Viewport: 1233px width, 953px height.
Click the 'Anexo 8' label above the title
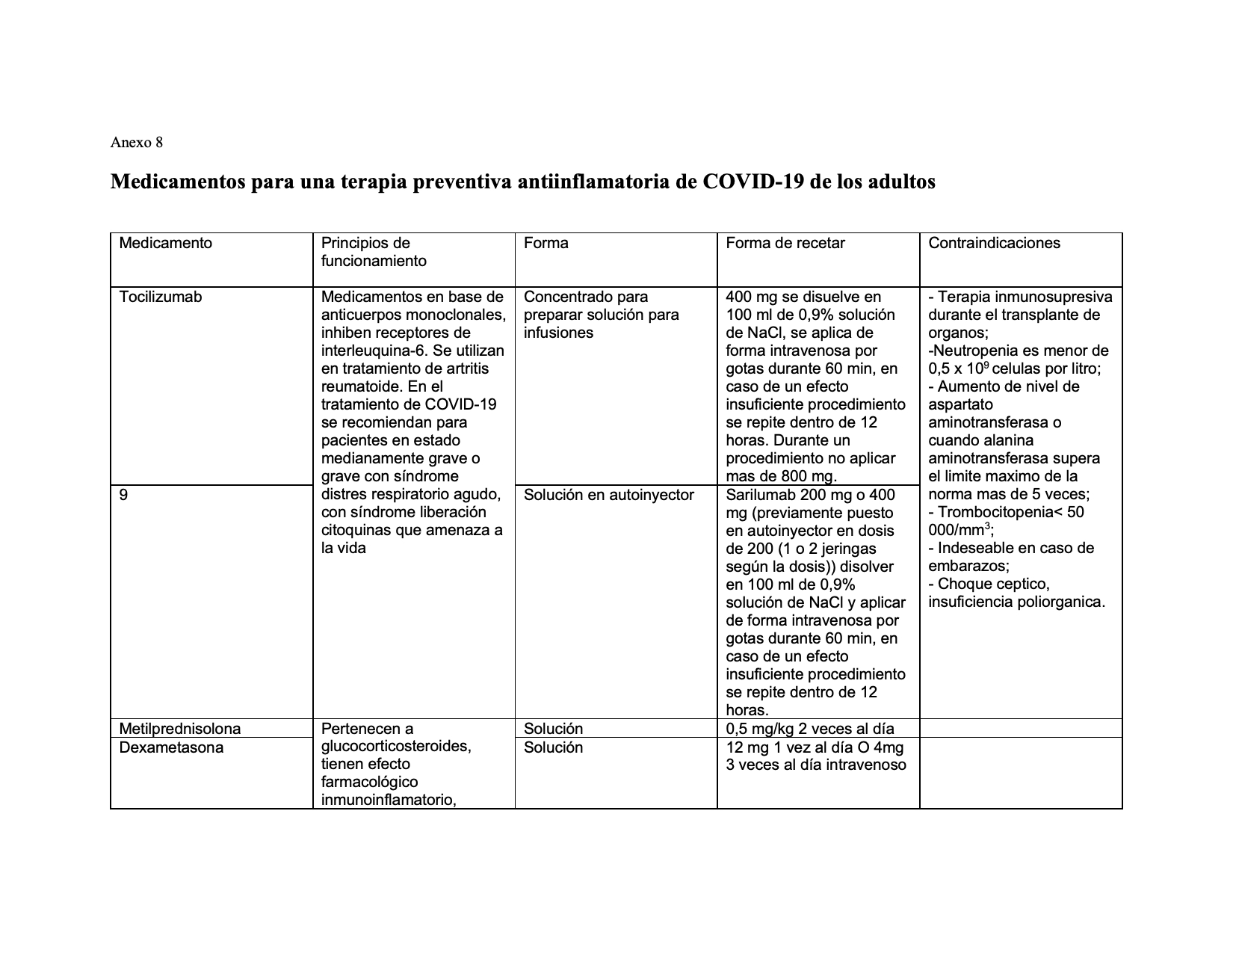click(136, 142)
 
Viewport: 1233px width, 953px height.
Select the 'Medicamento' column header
click(165, 243)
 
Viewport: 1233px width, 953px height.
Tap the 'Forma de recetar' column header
click(785, 243)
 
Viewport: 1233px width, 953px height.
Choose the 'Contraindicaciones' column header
click(994, 243)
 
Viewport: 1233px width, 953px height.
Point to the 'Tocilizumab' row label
click(160, 297)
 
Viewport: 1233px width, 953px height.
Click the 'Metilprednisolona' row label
click(179, 729)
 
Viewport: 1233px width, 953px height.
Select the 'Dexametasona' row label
click(170, 747)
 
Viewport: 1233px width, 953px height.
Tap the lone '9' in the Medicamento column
click(123, 495)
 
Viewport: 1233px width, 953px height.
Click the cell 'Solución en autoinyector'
click(608, 495)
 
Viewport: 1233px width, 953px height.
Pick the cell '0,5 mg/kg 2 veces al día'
click(809, 729)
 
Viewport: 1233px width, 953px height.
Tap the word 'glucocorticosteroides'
click(395, 747)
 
